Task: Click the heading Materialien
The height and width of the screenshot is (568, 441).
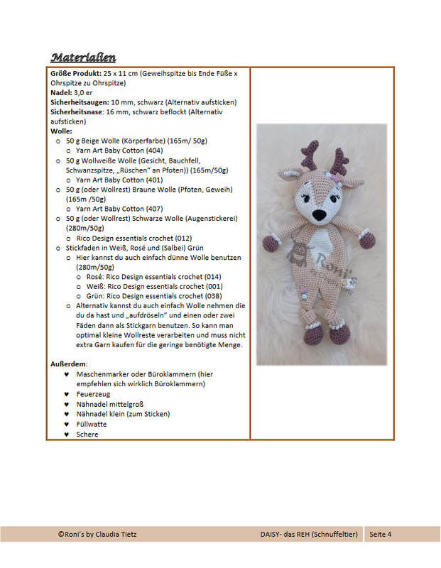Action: tap(83, 57)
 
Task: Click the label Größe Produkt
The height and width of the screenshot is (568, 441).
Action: tap(75, 73)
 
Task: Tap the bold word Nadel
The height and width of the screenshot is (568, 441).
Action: tap(60, 92)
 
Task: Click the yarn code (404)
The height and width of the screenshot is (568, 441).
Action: tap(154, 151)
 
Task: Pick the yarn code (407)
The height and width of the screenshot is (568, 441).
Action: tap(154, 209)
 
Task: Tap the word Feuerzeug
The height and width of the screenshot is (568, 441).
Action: tap(93, 393)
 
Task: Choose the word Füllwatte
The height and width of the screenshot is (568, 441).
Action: tap(92, 424)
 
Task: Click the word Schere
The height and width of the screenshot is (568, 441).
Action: tap(87, 434)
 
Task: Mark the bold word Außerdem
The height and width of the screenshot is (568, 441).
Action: tap(68, 364)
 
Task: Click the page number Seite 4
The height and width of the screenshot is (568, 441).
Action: tap(380, 534)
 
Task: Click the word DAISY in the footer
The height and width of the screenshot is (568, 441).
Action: tap(271, 534)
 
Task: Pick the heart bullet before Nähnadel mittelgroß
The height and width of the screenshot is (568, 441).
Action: tap(66, 404)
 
